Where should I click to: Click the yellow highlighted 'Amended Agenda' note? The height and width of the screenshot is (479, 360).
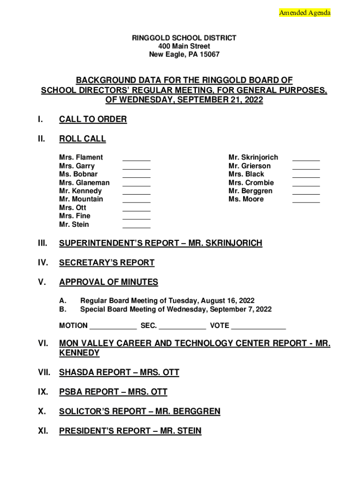click(x=304, y=13)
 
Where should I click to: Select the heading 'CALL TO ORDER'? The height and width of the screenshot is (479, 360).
click(x=93, y=119)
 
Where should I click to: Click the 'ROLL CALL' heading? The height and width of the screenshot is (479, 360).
click(x=82, y=139)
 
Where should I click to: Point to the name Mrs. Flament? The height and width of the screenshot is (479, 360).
click(x=81, y=158)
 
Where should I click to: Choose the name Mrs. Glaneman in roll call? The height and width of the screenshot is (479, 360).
click(x=84, y=183)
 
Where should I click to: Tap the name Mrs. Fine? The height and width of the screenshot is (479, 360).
click(x=75, y=216)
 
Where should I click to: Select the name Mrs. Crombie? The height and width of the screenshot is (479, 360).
click(x=251, y=183)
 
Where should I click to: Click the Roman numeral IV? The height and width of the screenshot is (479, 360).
click(x=43, y=263)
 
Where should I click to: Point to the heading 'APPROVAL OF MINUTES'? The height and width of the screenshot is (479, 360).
click(x=108, y=283)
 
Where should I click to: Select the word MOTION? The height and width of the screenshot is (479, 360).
click(x=73, y=326)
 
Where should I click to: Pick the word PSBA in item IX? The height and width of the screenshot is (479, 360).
click(x=71, y=392)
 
